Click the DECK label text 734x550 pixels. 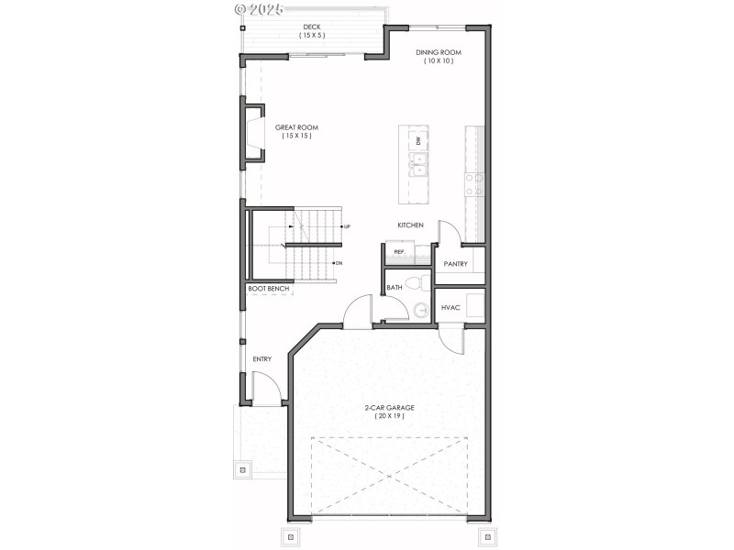312,27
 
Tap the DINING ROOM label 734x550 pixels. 438,52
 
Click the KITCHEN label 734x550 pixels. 410,225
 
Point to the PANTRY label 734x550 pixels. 456,265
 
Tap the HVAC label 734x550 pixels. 450,307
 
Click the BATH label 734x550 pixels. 395,288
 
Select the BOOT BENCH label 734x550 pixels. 269,290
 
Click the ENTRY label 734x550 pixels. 261,359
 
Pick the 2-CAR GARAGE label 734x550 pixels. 389,407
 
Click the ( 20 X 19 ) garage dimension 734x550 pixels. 389,416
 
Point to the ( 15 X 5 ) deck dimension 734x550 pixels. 312,36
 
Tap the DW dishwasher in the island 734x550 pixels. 418,140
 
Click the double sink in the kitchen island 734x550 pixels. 418,165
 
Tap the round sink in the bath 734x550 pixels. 422,310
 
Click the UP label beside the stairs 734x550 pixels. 347,225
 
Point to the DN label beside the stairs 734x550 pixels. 339,263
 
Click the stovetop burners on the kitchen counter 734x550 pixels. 473,184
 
